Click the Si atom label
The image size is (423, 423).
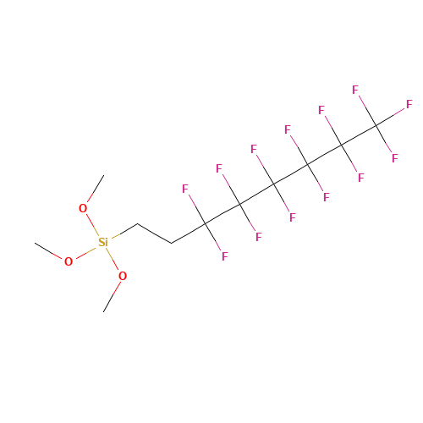pyautogui.click(x=103, y=242)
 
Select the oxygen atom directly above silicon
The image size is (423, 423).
pyautogui.click(x=83, y=208)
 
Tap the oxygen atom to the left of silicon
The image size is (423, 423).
pyautogui.click(x=69, y=261)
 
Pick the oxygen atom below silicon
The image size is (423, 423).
pyautogui.click(x=123, y=276)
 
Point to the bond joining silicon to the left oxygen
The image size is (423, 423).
pyautogui.click(x=86, y=253)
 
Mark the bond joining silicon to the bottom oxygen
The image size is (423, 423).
pyautogui.click(x=113, y=259)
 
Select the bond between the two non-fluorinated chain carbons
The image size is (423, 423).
pyautogui.click(x=155, y=233)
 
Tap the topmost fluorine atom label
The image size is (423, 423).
pyautogui.click(x=355, y=90)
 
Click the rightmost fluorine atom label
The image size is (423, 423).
pyautogui.click(x=409, y=104)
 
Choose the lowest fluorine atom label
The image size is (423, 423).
pyautogui.click(x=224, y=256)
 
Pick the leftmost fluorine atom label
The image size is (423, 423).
pyautogui.click(x=185, y=189)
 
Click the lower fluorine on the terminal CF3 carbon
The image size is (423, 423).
pyautogui.click(x=395, y=158)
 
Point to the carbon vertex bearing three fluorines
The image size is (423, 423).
pyautogui.click(x=376, y=125)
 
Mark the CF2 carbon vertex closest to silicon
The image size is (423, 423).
pyautogui.click(x=206, y=223)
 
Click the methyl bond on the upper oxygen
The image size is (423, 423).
pyautogui.click(x=96, y=189)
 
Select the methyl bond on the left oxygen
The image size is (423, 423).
pyautogui.click(x=48, y=250)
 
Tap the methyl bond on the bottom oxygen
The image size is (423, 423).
pyautogui.click(x=112, y=297)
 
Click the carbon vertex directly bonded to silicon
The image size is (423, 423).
pyautogui.click(x=138, y=223)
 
